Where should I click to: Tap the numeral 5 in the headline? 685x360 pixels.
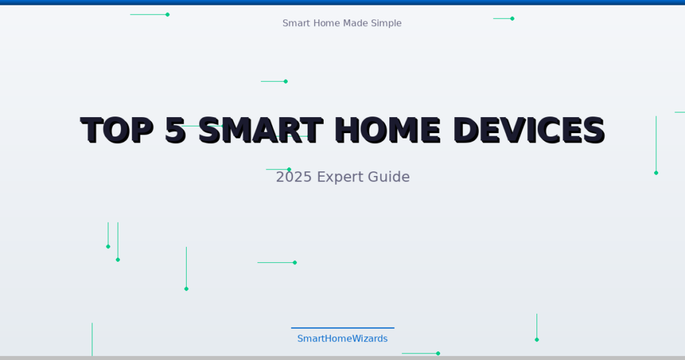[175, 130]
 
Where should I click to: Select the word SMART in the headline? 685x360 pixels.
[261, 130]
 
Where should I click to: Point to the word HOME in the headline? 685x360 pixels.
[387, 130]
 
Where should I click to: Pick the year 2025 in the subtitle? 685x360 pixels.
[294, 177]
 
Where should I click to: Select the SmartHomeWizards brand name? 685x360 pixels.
[342, 339]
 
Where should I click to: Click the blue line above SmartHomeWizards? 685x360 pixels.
[342, 328]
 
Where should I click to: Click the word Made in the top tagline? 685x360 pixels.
[355, 23]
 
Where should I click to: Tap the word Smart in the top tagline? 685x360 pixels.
[296, 23]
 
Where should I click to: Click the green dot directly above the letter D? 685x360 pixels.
[286, 82]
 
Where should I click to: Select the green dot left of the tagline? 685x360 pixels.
[167, 15]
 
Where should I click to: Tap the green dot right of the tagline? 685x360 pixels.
[512, 19]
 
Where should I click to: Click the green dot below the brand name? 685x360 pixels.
[438, 353]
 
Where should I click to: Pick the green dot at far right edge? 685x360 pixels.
[656, 173]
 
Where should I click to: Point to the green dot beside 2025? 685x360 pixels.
[289, 169]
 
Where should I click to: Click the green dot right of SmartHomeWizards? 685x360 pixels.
[536, 340]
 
